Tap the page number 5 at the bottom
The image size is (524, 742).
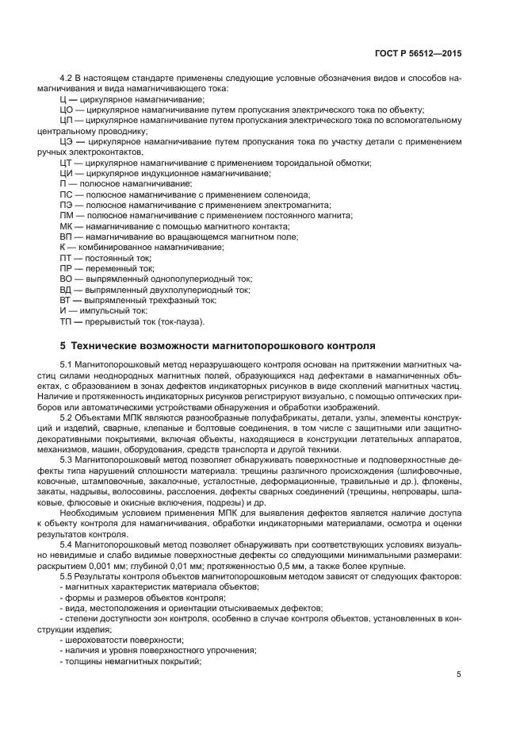pyautogui.click(x=459, y=675)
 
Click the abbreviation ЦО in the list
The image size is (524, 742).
pyautogui.click(x=67, y=110)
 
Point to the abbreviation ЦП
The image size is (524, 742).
pyautogui.click(x=67, y=120)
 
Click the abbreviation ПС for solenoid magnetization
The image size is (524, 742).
pyautogui.click(x=67, y=194)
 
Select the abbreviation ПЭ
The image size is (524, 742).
pyautogui.click(x=67, y=205)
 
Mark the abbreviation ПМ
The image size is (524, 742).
pyautogui.click(x=67, y=216)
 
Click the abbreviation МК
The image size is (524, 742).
pyautogui.click(x=67, y=226)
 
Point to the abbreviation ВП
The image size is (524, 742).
pyautogui.click(x=67, y=236)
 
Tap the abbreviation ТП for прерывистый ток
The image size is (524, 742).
pyautogui.click(x=67, y=321)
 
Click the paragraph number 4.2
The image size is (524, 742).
pyautogui.click(x=67, y=78)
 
